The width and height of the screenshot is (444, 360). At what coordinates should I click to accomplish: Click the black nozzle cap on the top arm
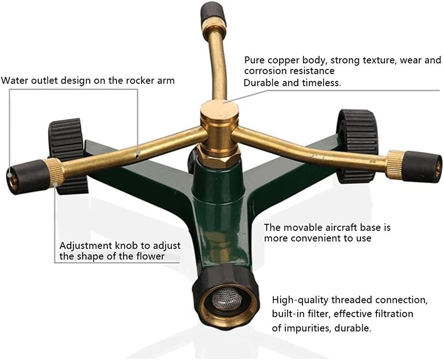pyautogui.click(x=213, y=11)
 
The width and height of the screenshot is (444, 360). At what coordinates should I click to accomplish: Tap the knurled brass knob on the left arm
pyautogui.click(x=55, y=171)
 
